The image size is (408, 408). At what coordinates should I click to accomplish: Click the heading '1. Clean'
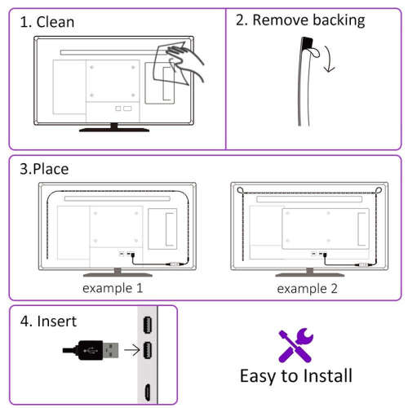47,22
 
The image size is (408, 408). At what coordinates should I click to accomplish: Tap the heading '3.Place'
44,169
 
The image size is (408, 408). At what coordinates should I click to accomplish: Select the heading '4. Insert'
48,321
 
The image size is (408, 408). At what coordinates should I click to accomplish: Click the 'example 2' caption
307,289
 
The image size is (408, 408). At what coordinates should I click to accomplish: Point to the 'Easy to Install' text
295,375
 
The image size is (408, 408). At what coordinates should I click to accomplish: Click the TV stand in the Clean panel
113,127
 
